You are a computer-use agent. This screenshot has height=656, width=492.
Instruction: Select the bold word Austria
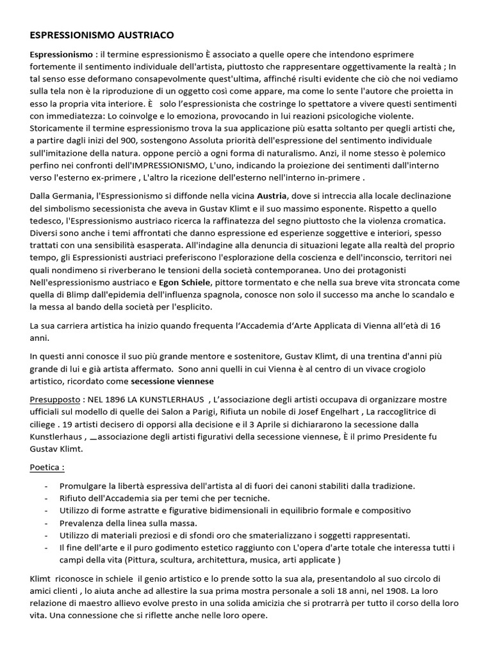click(x=274, y=195)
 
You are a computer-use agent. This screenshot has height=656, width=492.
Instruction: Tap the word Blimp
click(x=77, y=295)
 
